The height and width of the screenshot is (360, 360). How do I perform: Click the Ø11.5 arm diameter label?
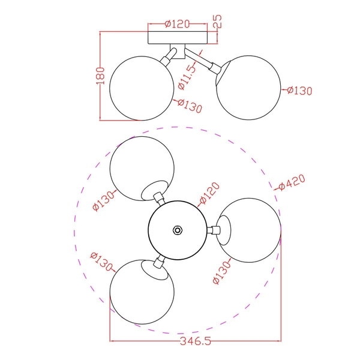(187, 77)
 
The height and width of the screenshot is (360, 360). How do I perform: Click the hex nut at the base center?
(178, 230)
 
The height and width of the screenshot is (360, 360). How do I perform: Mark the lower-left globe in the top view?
(142, 292)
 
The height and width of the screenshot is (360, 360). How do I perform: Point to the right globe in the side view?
(248, 87)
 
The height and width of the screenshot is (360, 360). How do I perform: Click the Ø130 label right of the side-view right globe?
(299, 91)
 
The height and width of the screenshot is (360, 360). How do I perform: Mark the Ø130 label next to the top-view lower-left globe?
(101, 262)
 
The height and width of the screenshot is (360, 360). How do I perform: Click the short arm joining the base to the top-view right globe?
(211, 230)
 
